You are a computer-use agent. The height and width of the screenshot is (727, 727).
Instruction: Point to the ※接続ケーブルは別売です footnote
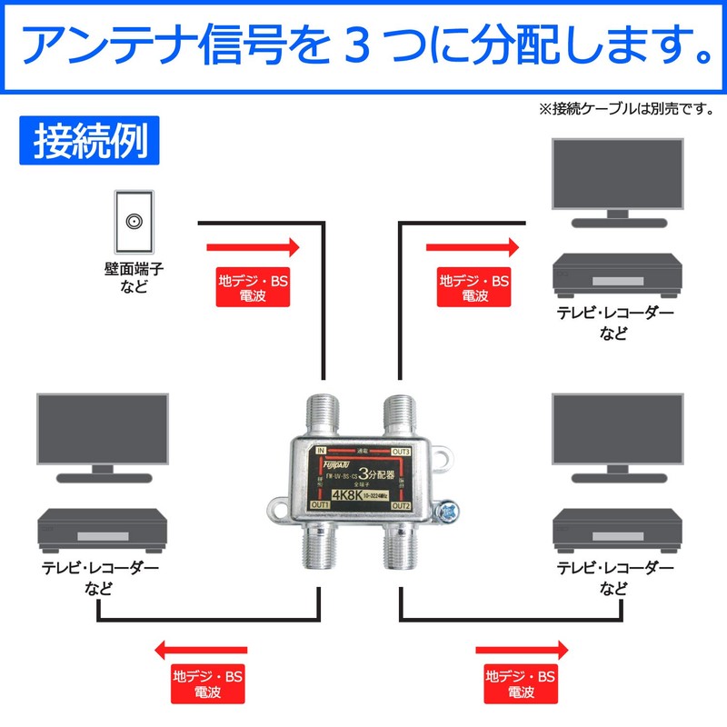(626, 109)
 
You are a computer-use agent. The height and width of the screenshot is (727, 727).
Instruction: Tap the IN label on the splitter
(321, 450)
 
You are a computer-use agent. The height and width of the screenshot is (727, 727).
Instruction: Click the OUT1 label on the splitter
(320, 504)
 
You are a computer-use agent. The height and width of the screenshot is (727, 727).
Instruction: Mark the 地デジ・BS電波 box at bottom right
(520, 684)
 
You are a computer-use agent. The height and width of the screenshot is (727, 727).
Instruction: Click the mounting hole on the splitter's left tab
(275, 503)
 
